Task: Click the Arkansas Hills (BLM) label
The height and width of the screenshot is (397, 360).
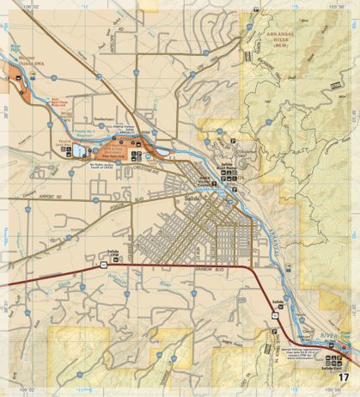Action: pos(279,35)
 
